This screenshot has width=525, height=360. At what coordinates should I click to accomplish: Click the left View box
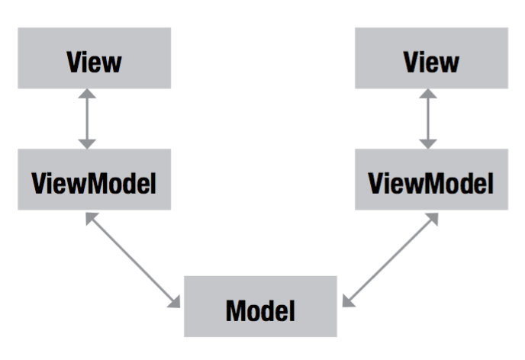tap(95, 58)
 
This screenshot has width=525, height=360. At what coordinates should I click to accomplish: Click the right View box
tap(432, 58)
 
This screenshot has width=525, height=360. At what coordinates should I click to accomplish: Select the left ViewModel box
tap(95, 179)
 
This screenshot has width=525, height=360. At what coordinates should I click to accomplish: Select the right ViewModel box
tap(432, 179)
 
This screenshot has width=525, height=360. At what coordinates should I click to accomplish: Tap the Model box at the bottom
tap(260, 307)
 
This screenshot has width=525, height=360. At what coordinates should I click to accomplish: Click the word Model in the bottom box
tap(260, 311)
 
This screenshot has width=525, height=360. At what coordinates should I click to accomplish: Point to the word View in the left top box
tap(94, 62)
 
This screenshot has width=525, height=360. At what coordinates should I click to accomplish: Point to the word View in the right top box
tap(431, 62)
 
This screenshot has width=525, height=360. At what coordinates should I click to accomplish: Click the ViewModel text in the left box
tap(94, 183)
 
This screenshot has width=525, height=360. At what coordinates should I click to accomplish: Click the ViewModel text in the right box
tap(431, 183)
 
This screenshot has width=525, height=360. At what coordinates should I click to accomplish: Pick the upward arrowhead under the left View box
tap(87, 94)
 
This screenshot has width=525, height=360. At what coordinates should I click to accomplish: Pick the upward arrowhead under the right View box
tap(428, 94)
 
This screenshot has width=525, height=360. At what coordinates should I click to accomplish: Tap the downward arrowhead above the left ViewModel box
tap(87, 144)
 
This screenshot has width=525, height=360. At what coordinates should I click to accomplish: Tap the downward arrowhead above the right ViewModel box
tap(428, 144)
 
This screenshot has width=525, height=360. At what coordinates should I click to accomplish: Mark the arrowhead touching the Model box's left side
tap(175, 302)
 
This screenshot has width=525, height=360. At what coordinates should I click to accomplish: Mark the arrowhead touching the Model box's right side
tap(348, 301)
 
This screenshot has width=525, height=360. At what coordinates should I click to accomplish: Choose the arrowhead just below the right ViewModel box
tap(433, 218)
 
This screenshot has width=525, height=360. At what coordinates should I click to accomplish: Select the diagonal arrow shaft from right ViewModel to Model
tap(391, 260)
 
